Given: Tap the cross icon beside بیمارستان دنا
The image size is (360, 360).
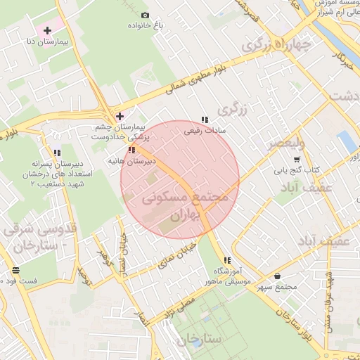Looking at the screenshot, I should pyautogui.click(x=47, y=30).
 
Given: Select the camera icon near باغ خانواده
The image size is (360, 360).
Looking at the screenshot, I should pyautogui.click(x=146, y=15).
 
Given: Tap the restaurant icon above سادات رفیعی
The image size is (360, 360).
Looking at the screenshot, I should pyautogui.click(x=205, y=120).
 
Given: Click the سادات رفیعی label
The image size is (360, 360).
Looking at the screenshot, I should pyautogui.click(x=204, y=130).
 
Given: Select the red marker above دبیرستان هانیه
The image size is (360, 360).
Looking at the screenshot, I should pyautogui.click(x=131, y=150).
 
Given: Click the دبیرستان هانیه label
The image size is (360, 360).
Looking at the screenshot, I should pyautogui.click(x=130, y=161).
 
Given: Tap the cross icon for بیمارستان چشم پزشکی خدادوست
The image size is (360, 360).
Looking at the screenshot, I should pyautogui.click(x=120, y=116).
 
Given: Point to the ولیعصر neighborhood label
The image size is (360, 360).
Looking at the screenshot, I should pyautogui.click(x=285, y=144).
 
